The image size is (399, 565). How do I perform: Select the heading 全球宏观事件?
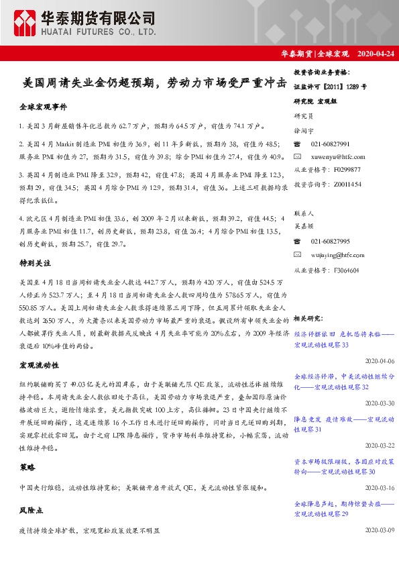(43, 107)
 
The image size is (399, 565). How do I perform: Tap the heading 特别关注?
(35, 264)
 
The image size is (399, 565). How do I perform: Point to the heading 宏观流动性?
(39, 365)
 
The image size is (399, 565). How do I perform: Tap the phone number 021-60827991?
(331, 144)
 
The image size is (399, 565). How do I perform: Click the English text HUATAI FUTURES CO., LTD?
(99, 32)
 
